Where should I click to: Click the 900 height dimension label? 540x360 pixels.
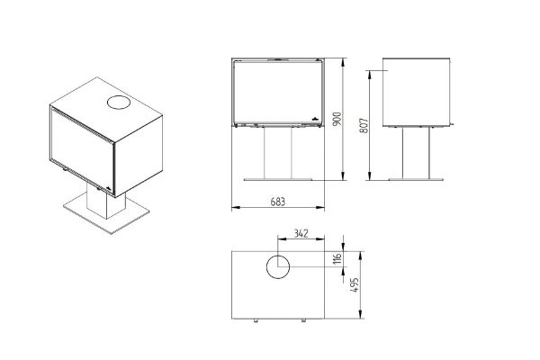337,119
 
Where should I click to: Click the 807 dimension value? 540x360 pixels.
364,126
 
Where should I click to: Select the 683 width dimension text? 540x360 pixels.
278,202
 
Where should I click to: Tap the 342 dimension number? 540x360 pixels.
301,234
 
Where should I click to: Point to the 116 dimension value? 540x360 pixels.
337,258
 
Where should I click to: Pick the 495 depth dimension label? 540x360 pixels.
354,285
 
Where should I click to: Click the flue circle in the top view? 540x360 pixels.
278,267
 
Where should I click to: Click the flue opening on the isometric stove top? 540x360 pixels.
119,103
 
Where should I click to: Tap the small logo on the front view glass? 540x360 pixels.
315,118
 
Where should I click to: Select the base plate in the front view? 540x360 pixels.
278,179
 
